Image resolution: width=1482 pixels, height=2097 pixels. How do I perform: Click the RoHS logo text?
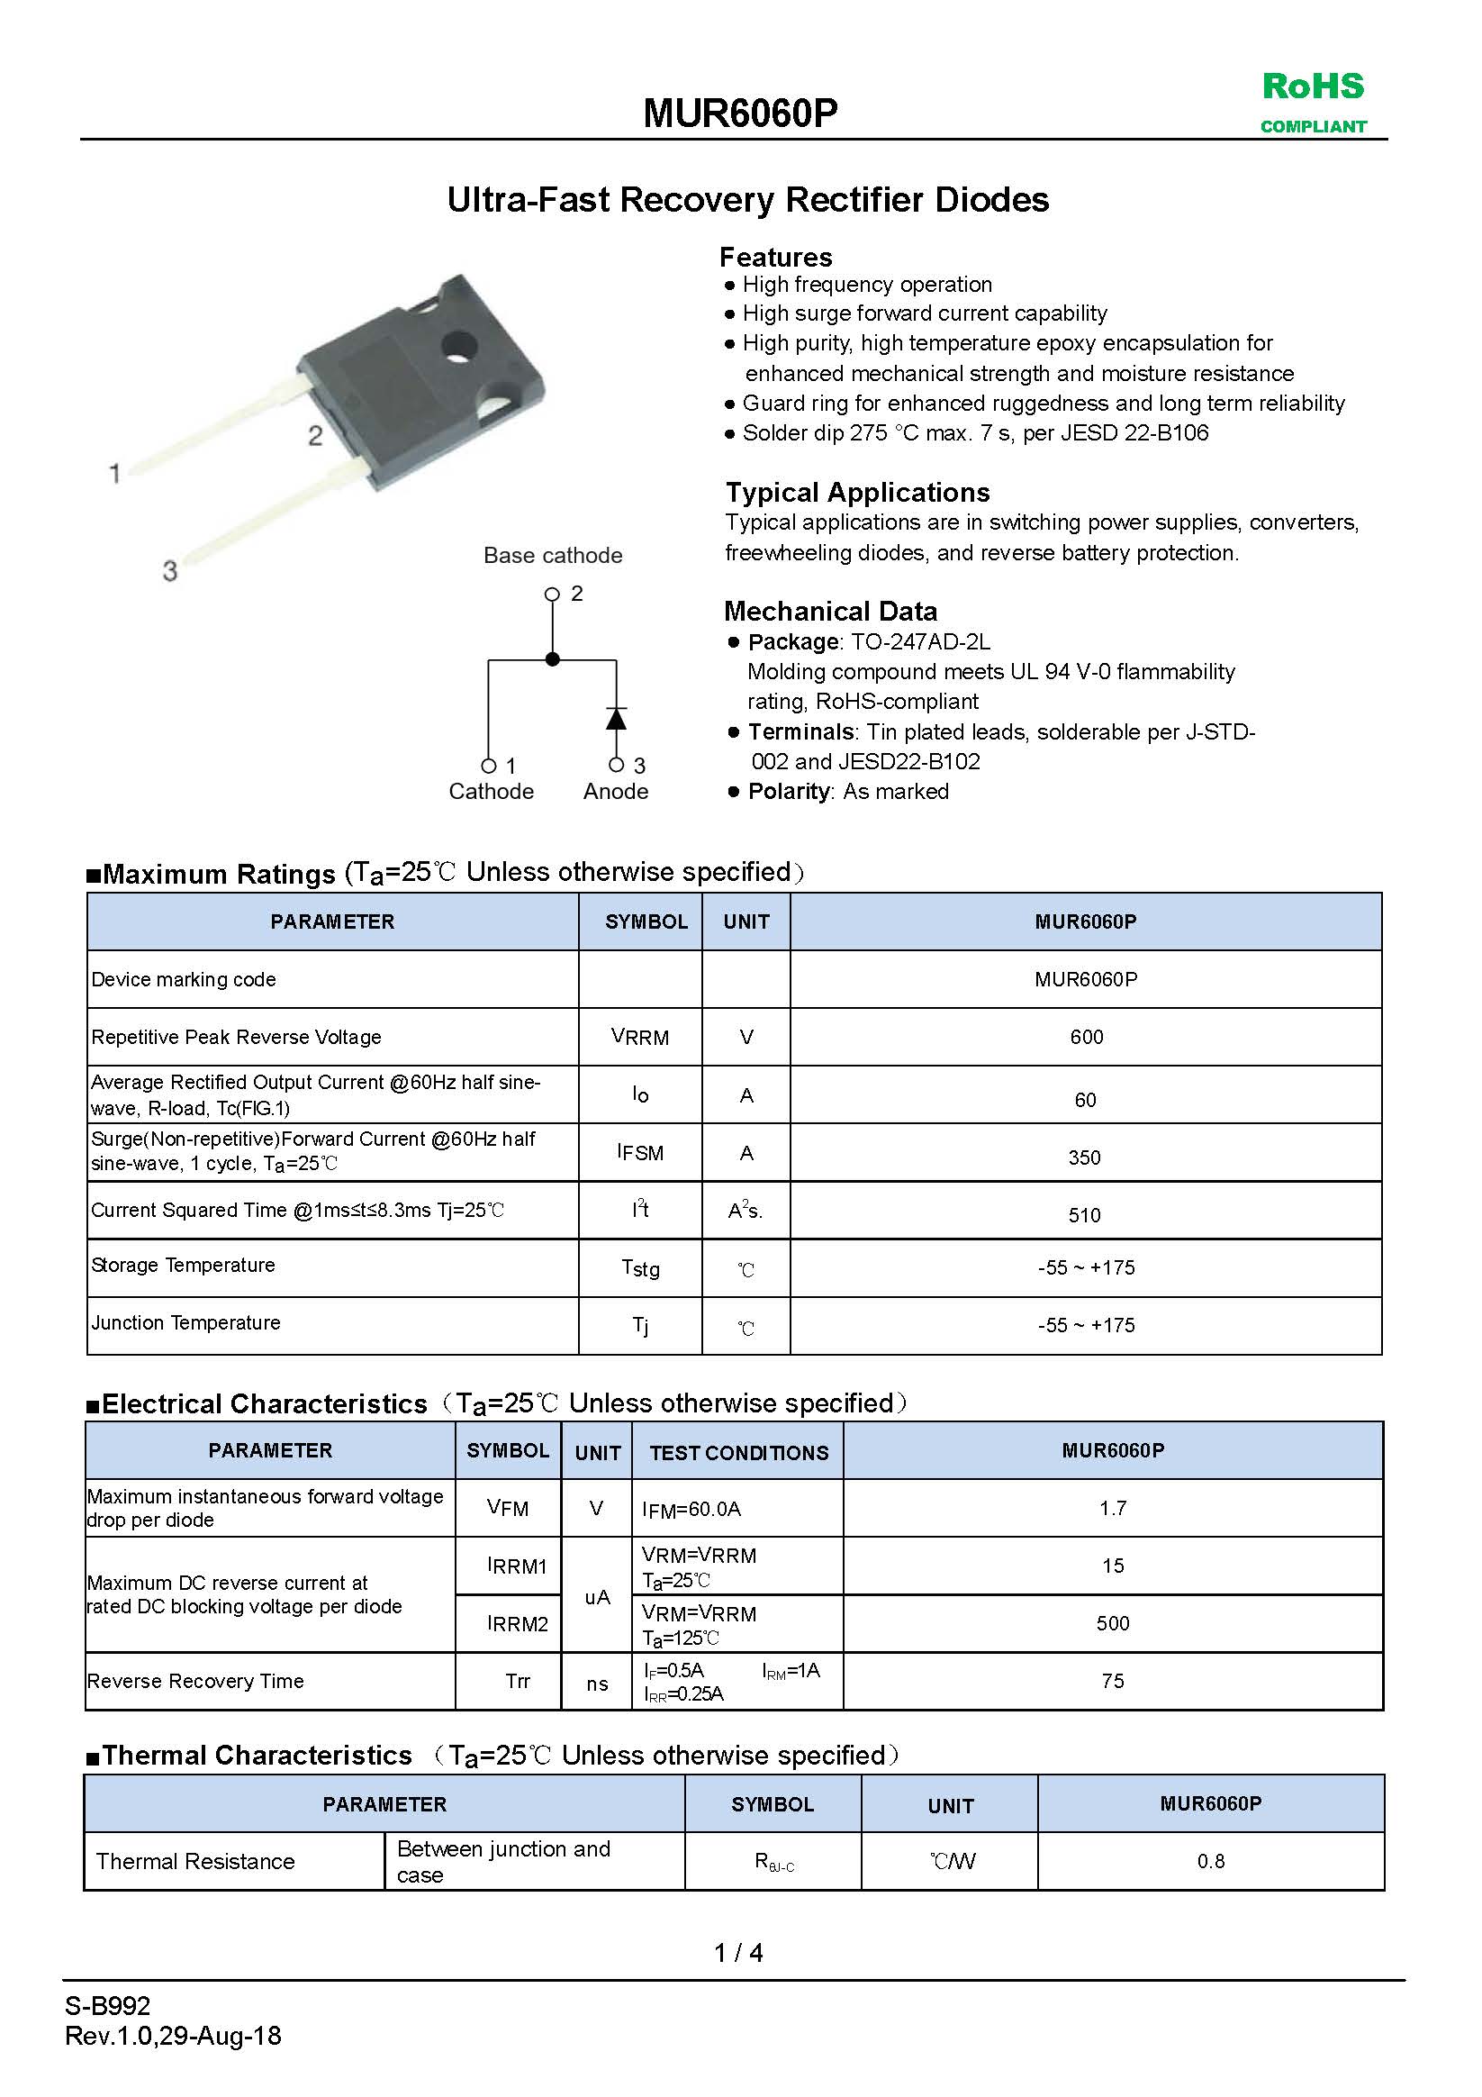(x=1312, y=86)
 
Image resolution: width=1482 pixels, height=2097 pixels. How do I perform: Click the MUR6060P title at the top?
(x=739, y=113)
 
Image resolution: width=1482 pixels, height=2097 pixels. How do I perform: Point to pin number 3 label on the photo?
(x=170, y=571)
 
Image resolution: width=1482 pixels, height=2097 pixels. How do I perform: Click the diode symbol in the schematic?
(x=617, y=719)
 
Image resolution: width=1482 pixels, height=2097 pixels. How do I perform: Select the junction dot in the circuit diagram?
(x=553, y=658)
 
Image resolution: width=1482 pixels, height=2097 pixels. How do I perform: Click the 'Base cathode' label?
(x=553, y=555)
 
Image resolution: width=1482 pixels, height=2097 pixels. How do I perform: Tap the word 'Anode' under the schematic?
(x=616, y=791)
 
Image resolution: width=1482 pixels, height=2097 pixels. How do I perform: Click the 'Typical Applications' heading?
(x=857, y=493)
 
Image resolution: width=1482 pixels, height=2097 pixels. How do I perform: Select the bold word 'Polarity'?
(x=789, y=791)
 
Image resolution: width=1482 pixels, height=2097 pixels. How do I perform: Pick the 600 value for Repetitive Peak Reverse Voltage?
(x=1086, y=1037)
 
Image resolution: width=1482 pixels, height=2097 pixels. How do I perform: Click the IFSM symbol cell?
(x=640, y=1153)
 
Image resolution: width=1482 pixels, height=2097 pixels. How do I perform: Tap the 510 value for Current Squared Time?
(x=1085, y=1215)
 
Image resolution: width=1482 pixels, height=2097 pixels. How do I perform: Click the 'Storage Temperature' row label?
(x=184, y=1265)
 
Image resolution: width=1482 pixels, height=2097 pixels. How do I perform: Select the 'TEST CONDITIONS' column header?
(x=738, y=1452)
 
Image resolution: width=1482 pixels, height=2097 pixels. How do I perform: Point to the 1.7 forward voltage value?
(x=1112, y=1508)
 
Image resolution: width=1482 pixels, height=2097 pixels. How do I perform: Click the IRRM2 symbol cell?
(x=518, y=1623)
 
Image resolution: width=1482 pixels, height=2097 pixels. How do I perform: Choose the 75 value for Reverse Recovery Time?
(x=1112, y=1681)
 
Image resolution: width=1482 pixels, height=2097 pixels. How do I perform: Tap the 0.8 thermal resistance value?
(x=1211, y=1860)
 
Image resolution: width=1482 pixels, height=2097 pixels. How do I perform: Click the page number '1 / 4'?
(x=738, y=1952)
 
